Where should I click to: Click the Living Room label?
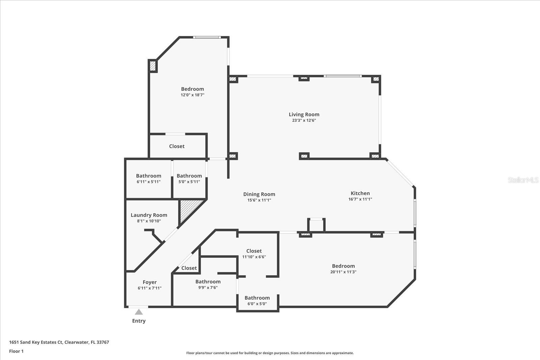(304, 114)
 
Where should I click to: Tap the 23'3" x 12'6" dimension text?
(304, 120)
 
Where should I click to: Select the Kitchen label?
(360, 193)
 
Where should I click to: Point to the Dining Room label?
(259, 194)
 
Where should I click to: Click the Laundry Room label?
(149, 215)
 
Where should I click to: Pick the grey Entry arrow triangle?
(139, 312)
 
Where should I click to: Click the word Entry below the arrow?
(139, 321)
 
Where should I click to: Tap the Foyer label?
(150, 282)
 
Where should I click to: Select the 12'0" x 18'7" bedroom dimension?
(192, 95)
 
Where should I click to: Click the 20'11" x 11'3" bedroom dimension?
(343, 272)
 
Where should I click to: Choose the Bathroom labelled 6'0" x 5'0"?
(257, 298)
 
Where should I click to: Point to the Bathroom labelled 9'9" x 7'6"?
(208, 282)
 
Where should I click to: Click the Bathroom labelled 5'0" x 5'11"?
(189, 176)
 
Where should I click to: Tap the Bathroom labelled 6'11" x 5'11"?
(148, 176)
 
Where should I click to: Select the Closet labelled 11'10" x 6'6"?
(254, 251)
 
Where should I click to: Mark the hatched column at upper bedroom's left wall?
(153, 66)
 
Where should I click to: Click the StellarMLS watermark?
(523, 180)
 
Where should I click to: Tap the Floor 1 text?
(16, 351)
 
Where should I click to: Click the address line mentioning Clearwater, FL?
(59, 342)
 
